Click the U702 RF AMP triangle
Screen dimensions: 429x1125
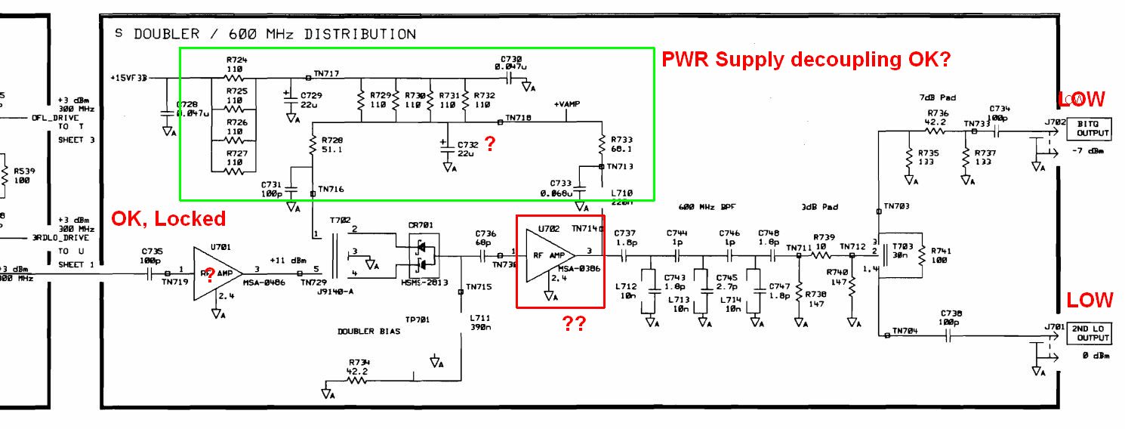click(x=550, y=257)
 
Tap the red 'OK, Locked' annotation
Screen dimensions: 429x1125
click(x=168, y=219)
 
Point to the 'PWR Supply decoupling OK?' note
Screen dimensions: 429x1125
click(x=806, y=60)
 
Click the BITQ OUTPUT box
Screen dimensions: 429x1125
click(x=1088, y=128)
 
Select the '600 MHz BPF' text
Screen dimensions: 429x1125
click(x=707, y=206)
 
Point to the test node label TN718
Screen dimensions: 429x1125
click(x=518, y=118)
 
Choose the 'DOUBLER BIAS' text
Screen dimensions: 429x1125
click(x=369, y=332)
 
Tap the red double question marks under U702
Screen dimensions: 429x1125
click(x=573, y=323)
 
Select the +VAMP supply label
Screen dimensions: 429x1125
click(x=566, y=104)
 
